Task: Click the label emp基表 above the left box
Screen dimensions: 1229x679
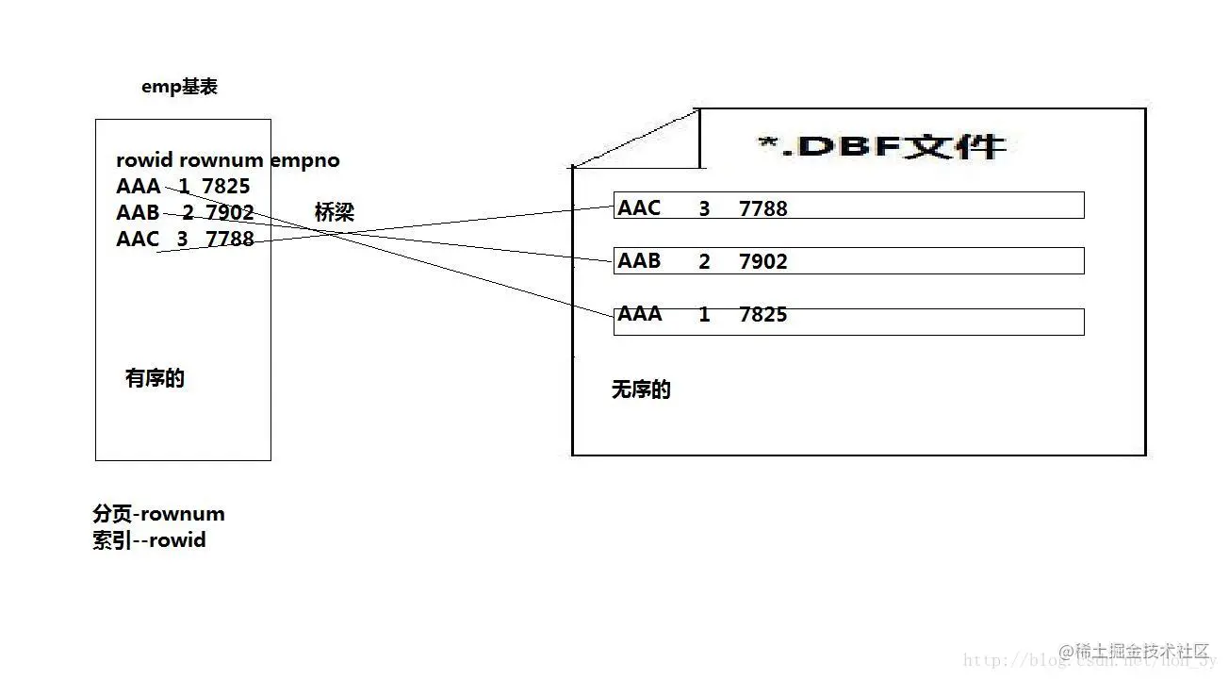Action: point(179,87)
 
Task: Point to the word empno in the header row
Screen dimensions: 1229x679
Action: point(304,160)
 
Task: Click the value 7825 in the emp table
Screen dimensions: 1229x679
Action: point(226,187)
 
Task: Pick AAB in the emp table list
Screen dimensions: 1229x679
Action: point(138,213)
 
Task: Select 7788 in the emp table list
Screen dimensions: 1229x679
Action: point(230,240)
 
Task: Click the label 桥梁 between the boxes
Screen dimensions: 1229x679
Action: point(335,213)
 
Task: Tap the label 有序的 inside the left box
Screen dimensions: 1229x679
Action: point(155,379)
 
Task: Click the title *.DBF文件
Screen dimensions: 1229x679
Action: point(881,147)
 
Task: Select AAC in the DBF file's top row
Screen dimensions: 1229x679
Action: point(639,208)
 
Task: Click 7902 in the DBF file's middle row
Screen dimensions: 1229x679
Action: point(762,261)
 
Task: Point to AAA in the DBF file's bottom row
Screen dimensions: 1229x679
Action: point(639,314)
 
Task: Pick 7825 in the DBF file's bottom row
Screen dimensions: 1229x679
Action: point(762,315)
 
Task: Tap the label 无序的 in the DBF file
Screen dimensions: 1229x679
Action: point(641,390)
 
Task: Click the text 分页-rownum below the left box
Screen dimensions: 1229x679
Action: point(158,514)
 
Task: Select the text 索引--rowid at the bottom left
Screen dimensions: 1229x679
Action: point(149,541)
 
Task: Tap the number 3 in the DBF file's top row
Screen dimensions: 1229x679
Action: point(704,209)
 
